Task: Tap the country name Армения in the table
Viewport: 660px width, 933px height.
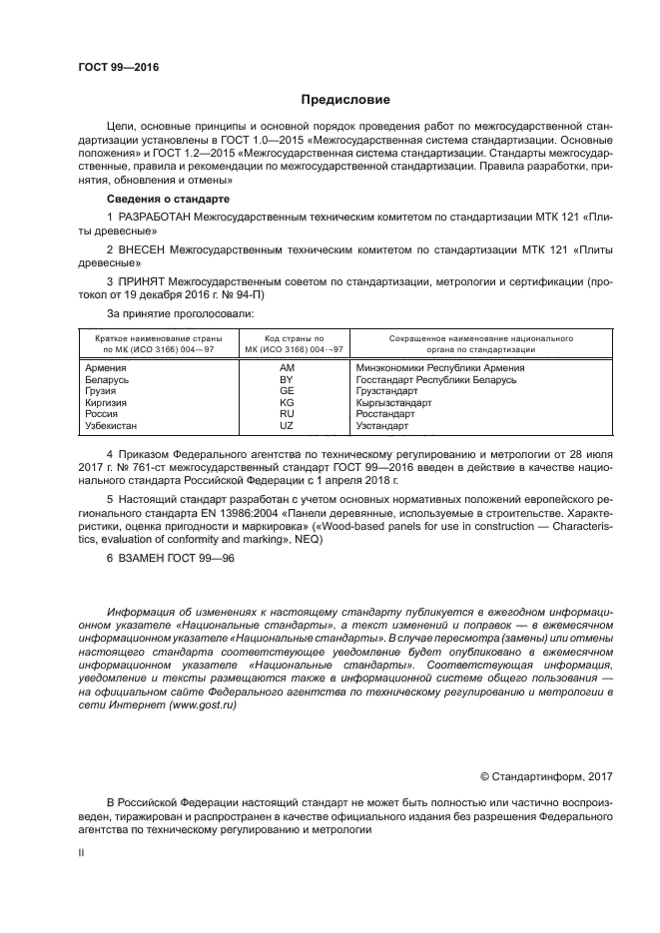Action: tap(107, 368)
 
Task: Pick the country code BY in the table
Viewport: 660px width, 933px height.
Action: tap(286, 380)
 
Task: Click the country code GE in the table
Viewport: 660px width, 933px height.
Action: tap(286, 391)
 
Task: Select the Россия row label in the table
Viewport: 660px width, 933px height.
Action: tap(104, 414)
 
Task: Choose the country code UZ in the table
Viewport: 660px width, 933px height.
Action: tap(286, 426)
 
